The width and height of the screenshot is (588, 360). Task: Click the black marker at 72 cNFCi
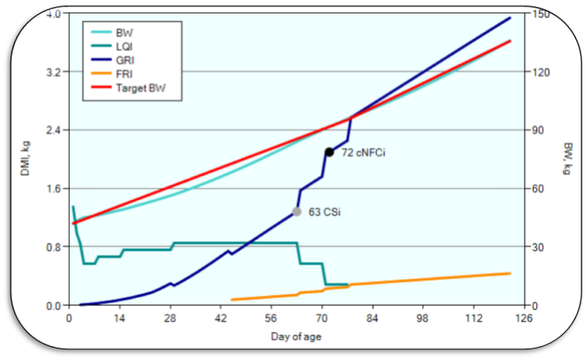(329, 152)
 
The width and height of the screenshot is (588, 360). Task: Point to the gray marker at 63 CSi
(297, 211)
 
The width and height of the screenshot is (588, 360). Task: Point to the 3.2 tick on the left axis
(54, 72)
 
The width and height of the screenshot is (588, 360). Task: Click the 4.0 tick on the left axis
(54, 14)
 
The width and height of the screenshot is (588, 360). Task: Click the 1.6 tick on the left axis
(54, 189)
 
